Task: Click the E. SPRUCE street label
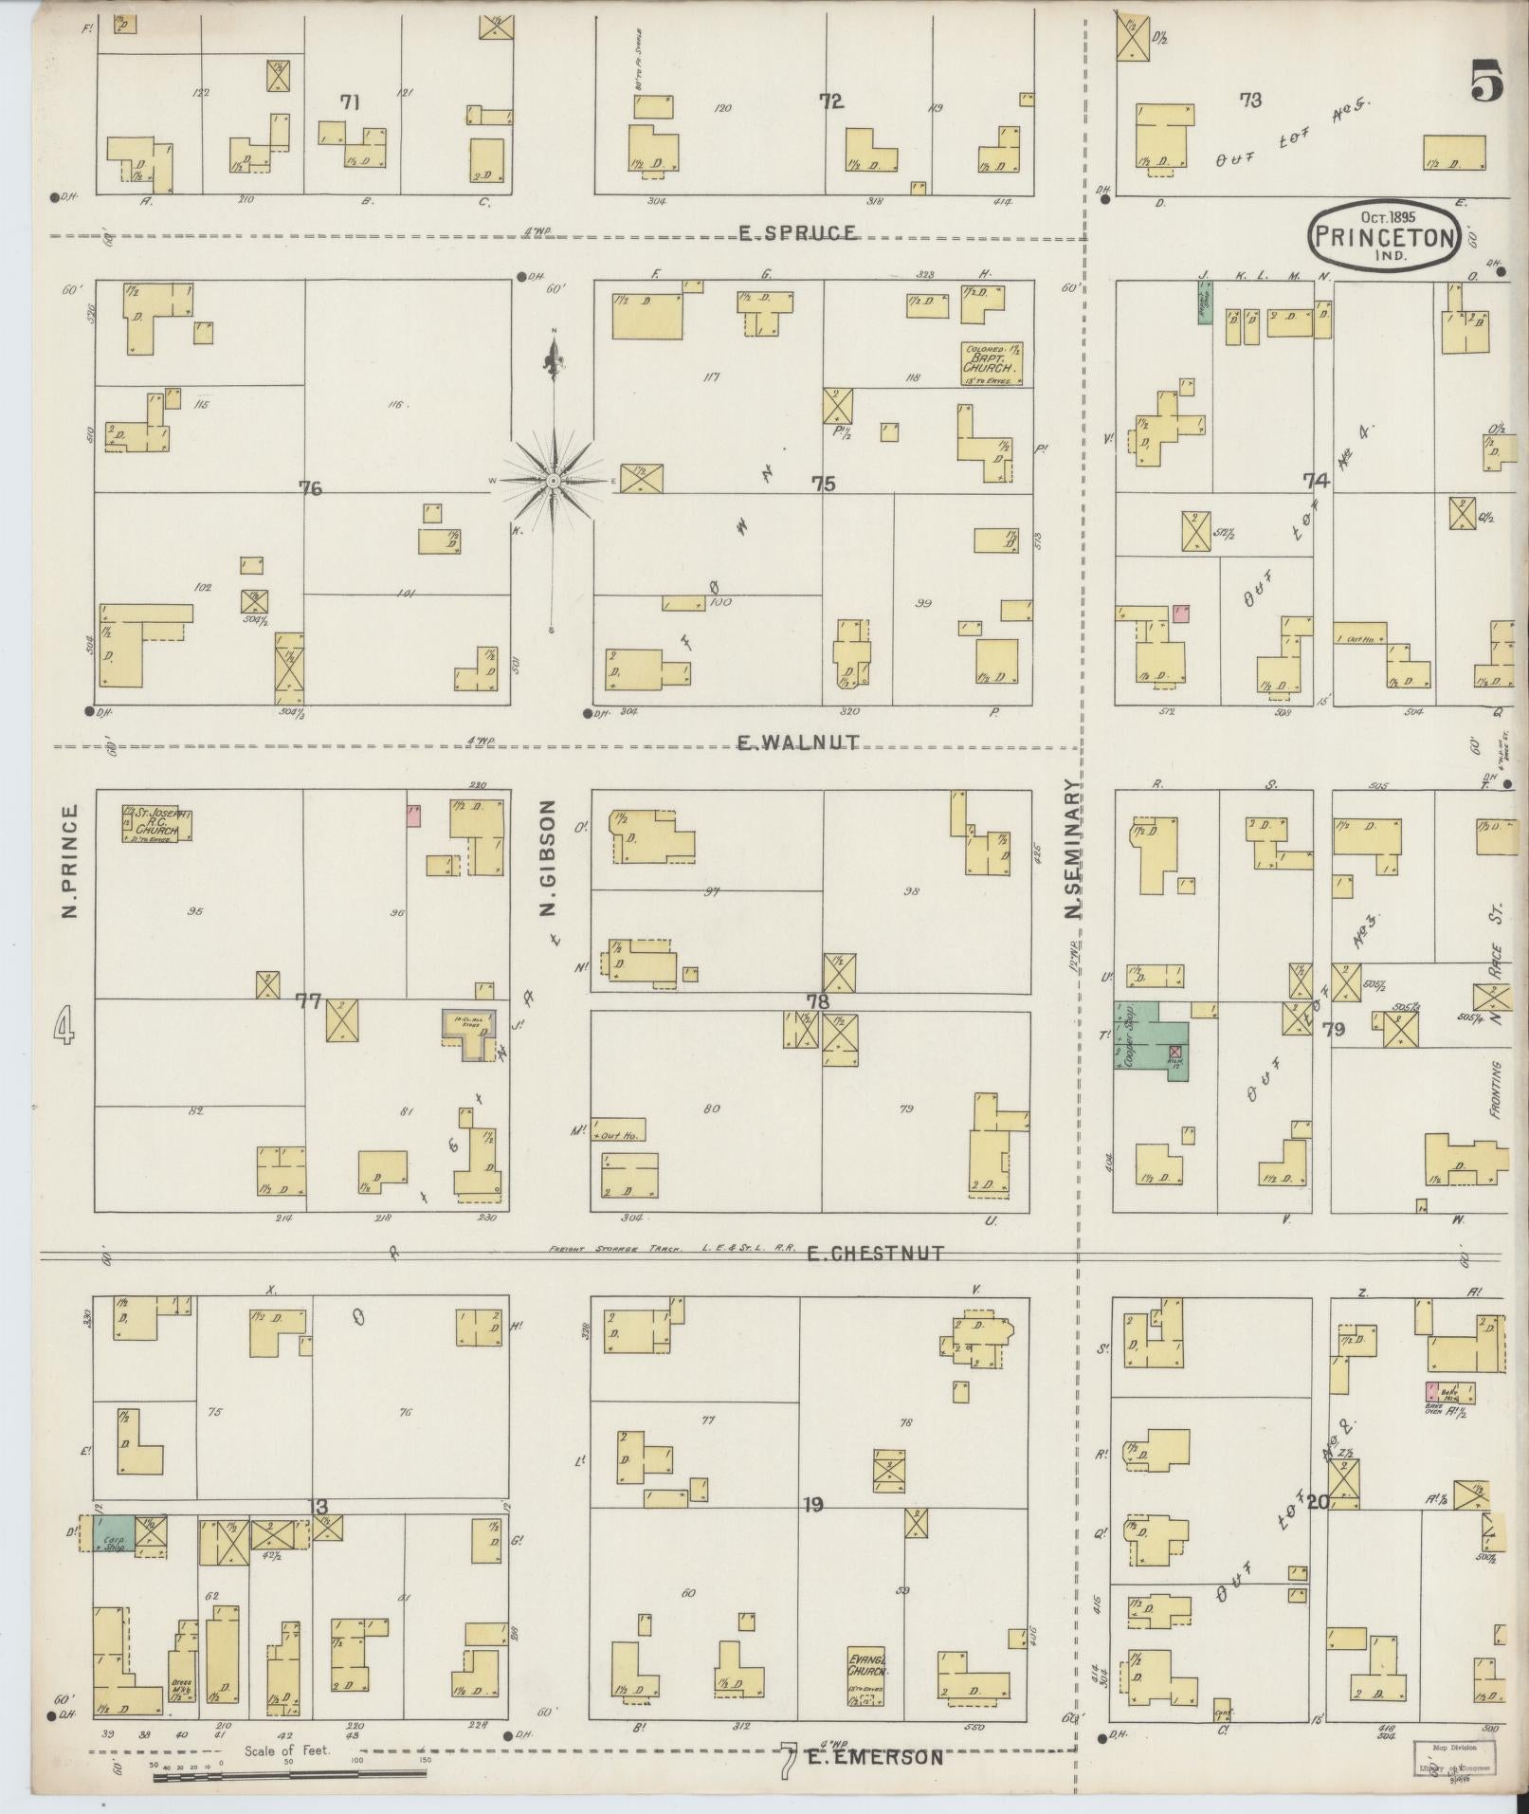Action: [797, 233]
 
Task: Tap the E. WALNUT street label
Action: [798, 742]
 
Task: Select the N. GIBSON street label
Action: [547, 859]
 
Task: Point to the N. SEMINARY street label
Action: [1073, 850]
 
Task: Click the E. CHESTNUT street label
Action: [875, 1253]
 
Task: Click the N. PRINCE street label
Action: [68, 862]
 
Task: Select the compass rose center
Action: [553, 482]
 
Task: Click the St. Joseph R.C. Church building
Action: [155, 823]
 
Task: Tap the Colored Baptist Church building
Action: [992, 363]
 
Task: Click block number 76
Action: [310, 488]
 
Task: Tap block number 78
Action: [817, 1002]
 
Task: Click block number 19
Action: [812, 1504]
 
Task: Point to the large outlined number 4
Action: [64, 1025]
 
